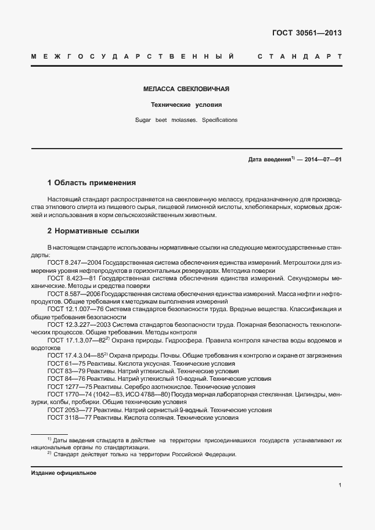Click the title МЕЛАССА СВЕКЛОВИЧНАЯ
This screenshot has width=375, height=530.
186,89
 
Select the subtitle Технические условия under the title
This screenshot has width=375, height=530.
186,105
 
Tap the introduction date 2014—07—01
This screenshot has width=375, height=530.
321,158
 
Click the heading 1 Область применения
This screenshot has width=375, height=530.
91,182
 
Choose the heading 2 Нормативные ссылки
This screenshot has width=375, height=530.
93,230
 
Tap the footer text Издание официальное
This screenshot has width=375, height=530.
64,473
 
